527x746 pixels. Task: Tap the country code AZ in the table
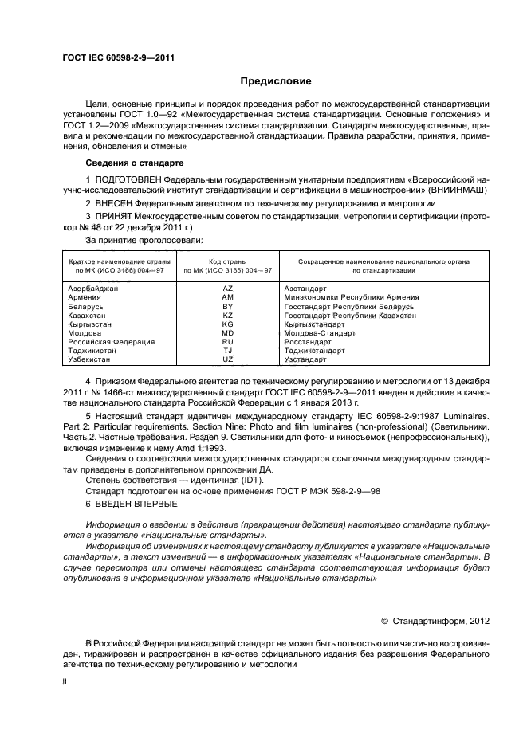click(227, 288)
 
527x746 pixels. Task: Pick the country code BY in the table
click(227, 306)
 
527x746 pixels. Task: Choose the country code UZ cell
click(227, 360)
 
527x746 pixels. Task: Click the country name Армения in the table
click(84, 297)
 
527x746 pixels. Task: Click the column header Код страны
click(227, 261)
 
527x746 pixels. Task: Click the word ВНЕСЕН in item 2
click(118, 206)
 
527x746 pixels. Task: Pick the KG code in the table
click(227, 324)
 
